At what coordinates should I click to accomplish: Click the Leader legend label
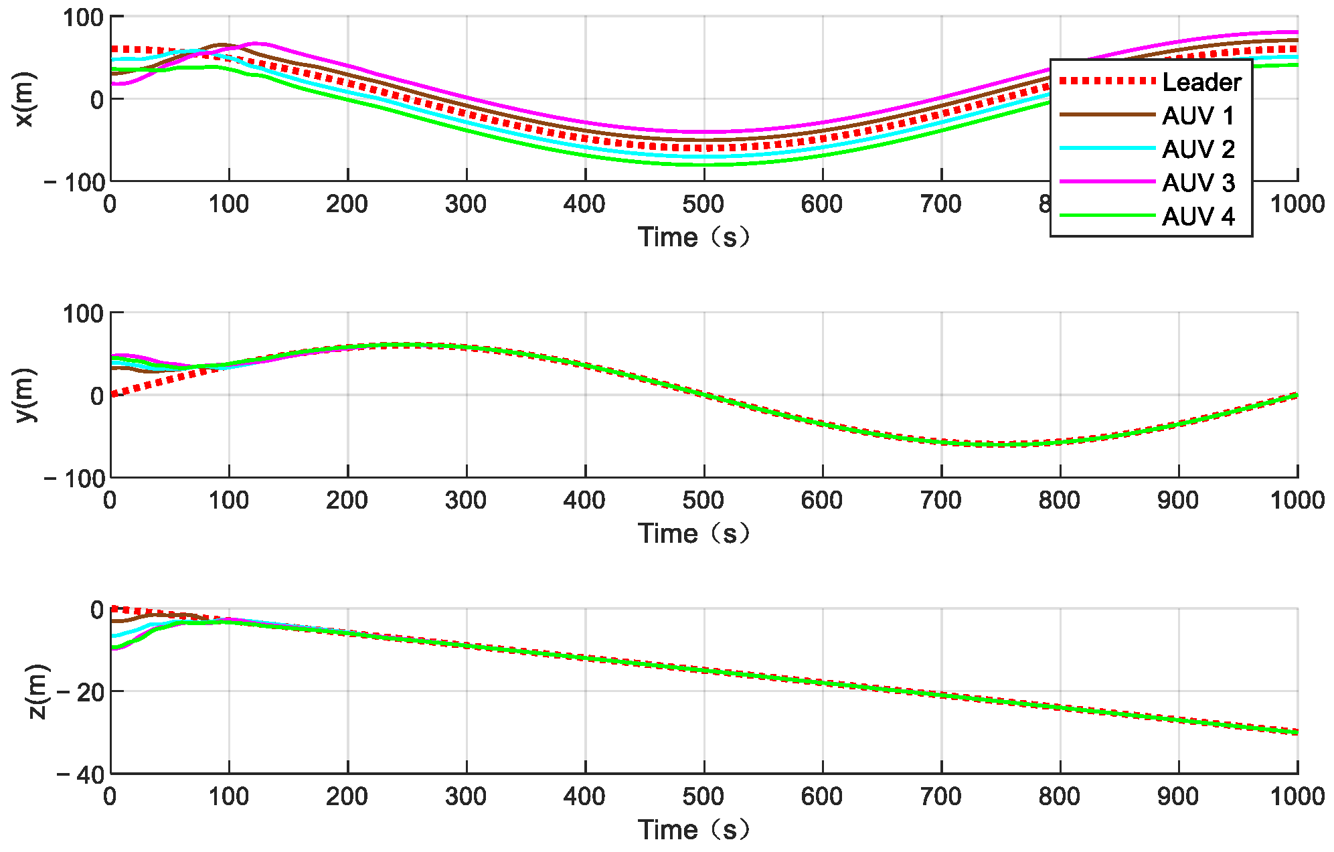click(1201, 82)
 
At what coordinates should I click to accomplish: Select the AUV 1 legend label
click(1197, 116)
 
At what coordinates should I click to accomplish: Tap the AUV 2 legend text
click(1197, 149)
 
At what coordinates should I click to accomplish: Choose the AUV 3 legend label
click(1197, 183)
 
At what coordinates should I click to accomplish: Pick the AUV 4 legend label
click(1197, 216)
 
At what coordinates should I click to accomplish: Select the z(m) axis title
click(37, 691)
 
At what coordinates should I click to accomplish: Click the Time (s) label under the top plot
click(693, 237)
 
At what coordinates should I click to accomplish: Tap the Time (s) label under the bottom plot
click(693, 830)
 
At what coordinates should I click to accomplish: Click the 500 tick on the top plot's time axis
click(703, 204)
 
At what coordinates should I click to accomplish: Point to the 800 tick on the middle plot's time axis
click(1059, 501)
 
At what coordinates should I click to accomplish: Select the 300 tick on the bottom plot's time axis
click(466, 796)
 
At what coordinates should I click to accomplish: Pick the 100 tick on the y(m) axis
click(83, 313)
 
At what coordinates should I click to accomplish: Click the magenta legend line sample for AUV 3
click(1108, 181)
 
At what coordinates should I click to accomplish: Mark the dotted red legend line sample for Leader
click(1108, 81)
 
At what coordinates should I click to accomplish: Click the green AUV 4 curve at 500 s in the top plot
click(704, 165)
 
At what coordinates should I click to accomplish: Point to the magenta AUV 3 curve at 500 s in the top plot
click(704, 132)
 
